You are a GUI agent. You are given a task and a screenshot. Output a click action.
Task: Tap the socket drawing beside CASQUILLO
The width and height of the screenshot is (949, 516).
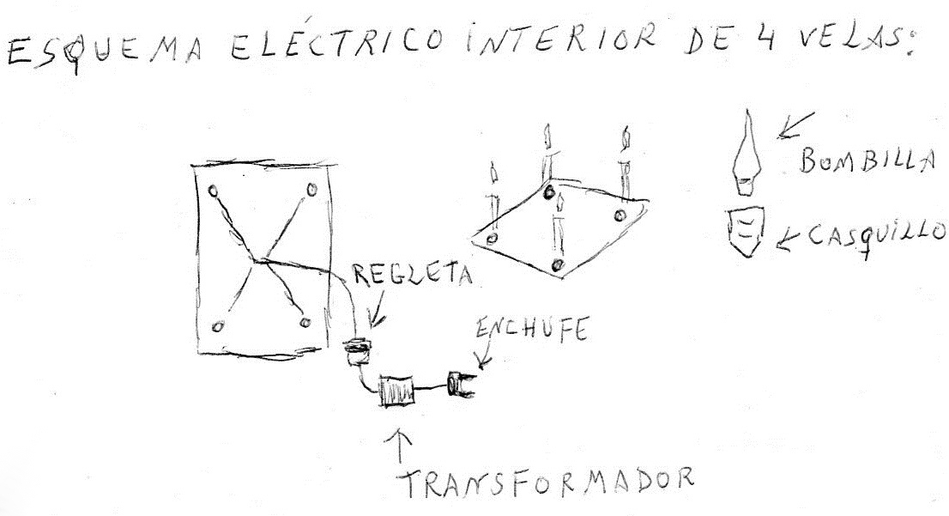(x=746, y=232)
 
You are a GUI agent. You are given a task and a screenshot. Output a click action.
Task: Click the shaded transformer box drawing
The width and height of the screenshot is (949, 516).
(x=396, y=390)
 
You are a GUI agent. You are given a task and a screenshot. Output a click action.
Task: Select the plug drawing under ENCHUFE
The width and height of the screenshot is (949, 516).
(x=462, y=385)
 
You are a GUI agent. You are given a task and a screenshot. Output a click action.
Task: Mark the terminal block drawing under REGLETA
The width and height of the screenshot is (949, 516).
(x=356, y=352)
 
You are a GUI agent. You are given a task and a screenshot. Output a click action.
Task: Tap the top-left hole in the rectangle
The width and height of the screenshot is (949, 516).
(x=215, y=190)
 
